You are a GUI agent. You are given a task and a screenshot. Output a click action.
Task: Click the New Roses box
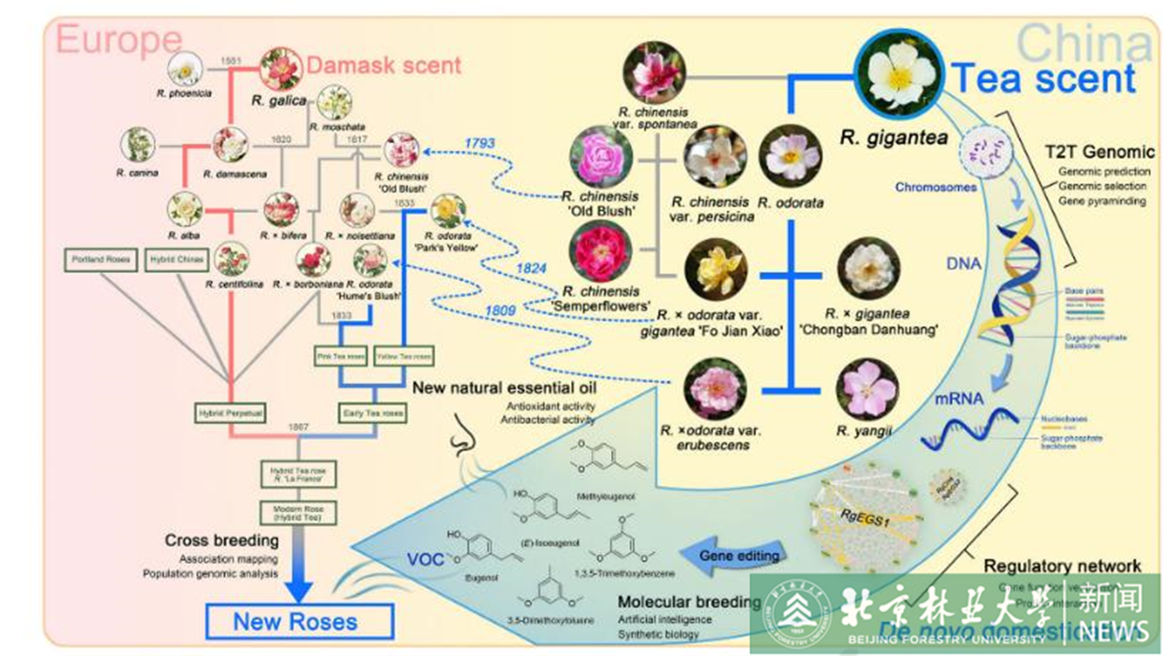pyautogui.click(x=299, y=621)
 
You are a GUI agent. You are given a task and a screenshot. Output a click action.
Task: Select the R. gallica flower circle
pyautogui.click(x=281, y=69)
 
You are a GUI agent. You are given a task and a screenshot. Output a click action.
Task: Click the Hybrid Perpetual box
pyautogui.click(x=230, y=413)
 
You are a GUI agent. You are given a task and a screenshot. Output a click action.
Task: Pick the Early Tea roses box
pyautogui.click(x=373, y=413)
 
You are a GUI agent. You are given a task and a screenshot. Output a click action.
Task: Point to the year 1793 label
pyautogui.click(x=479, y=143)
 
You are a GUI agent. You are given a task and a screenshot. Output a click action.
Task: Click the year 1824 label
pyautogui.click(x=531, y=268)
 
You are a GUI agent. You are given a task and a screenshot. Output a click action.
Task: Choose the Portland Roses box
pyautogui.click(x=101, y=259)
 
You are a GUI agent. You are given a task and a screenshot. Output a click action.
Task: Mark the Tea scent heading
pyautogui.click(x=1044, y=78)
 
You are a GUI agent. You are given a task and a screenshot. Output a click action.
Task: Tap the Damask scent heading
pyautogui.click(x=384, y=65)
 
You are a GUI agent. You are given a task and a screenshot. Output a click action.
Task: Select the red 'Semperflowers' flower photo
pyautogui.click(x=601, y=252)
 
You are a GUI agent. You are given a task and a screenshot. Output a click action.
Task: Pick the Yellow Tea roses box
pyautogui.click(x=404, y=356)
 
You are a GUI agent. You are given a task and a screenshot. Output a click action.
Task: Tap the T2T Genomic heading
pyautogui.click(x=1100, y=152)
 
